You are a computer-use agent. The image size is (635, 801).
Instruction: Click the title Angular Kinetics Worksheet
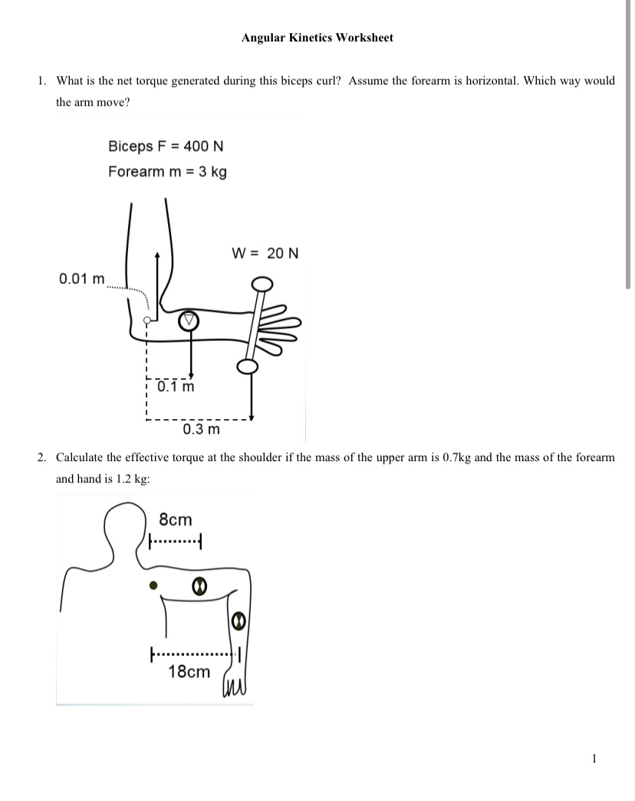(317, 37)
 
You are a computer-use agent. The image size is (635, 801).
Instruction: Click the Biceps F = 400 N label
(166, 146)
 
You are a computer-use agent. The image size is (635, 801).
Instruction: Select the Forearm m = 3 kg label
(167, 171)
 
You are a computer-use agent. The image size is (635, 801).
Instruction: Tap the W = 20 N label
(265, 252)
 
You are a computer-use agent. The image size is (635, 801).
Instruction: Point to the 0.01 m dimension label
(82, 278)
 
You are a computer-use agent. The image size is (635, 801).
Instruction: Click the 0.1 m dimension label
(176, 387)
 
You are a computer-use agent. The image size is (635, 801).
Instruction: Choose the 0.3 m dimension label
(201, 429)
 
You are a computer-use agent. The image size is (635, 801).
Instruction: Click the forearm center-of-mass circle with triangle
(189, 321)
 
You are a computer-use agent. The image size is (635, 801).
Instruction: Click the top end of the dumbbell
(262, 285)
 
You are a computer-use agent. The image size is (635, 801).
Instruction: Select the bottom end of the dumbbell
(247, 367)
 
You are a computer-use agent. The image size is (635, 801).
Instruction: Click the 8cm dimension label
(175, 519)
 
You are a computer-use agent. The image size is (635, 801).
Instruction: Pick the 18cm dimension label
(189, 672)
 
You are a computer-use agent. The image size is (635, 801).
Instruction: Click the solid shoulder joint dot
(153, 585)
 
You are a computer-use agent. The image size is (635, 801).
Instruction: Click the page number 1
(594, 759)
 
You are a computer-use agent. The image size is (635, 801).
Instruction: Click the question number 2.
(42, 457)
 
